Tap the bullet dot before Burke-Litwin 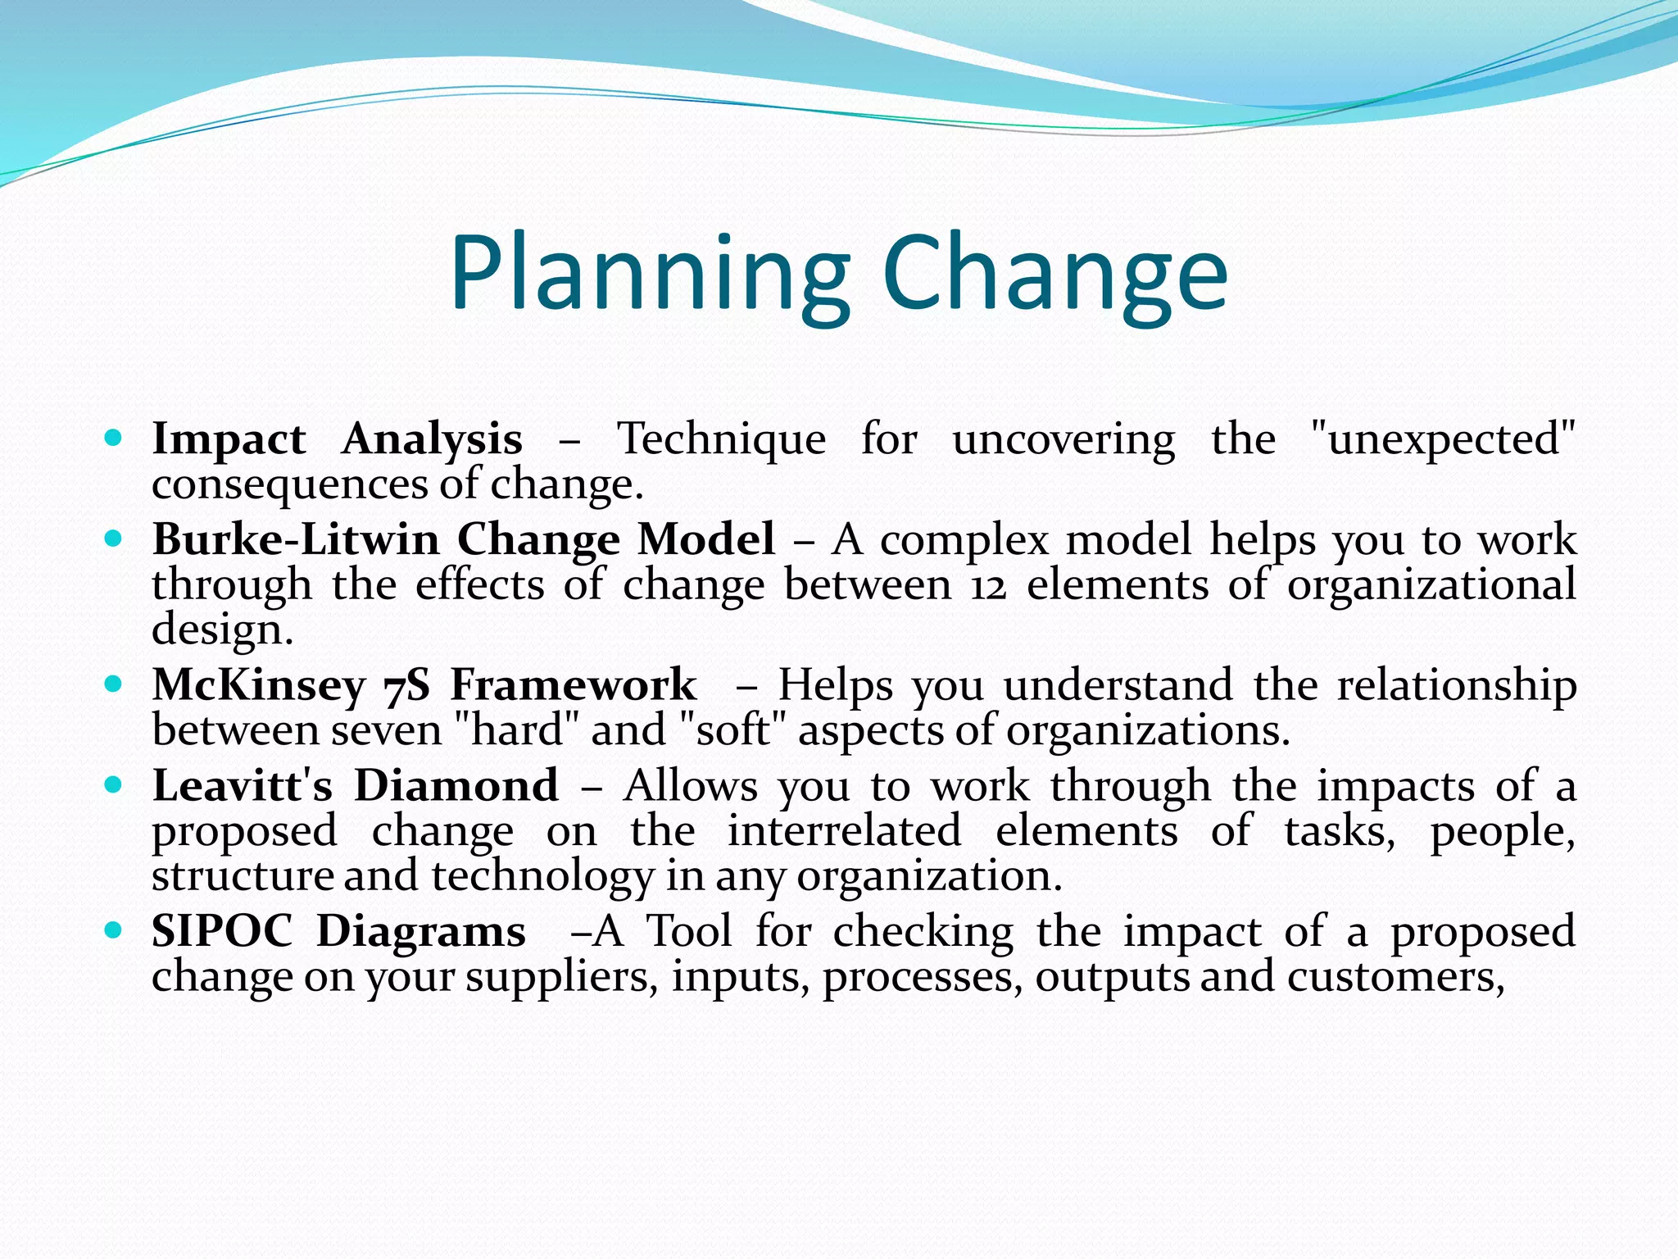114,539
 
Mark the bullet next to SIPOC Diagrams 114,931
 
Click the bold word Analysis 432,440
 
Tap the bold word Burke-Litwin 296,540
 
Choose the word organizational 1431,587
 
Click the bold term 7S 406,685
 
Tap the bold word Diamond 456,786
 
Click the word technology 543,877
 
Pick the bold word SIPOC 222,932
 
